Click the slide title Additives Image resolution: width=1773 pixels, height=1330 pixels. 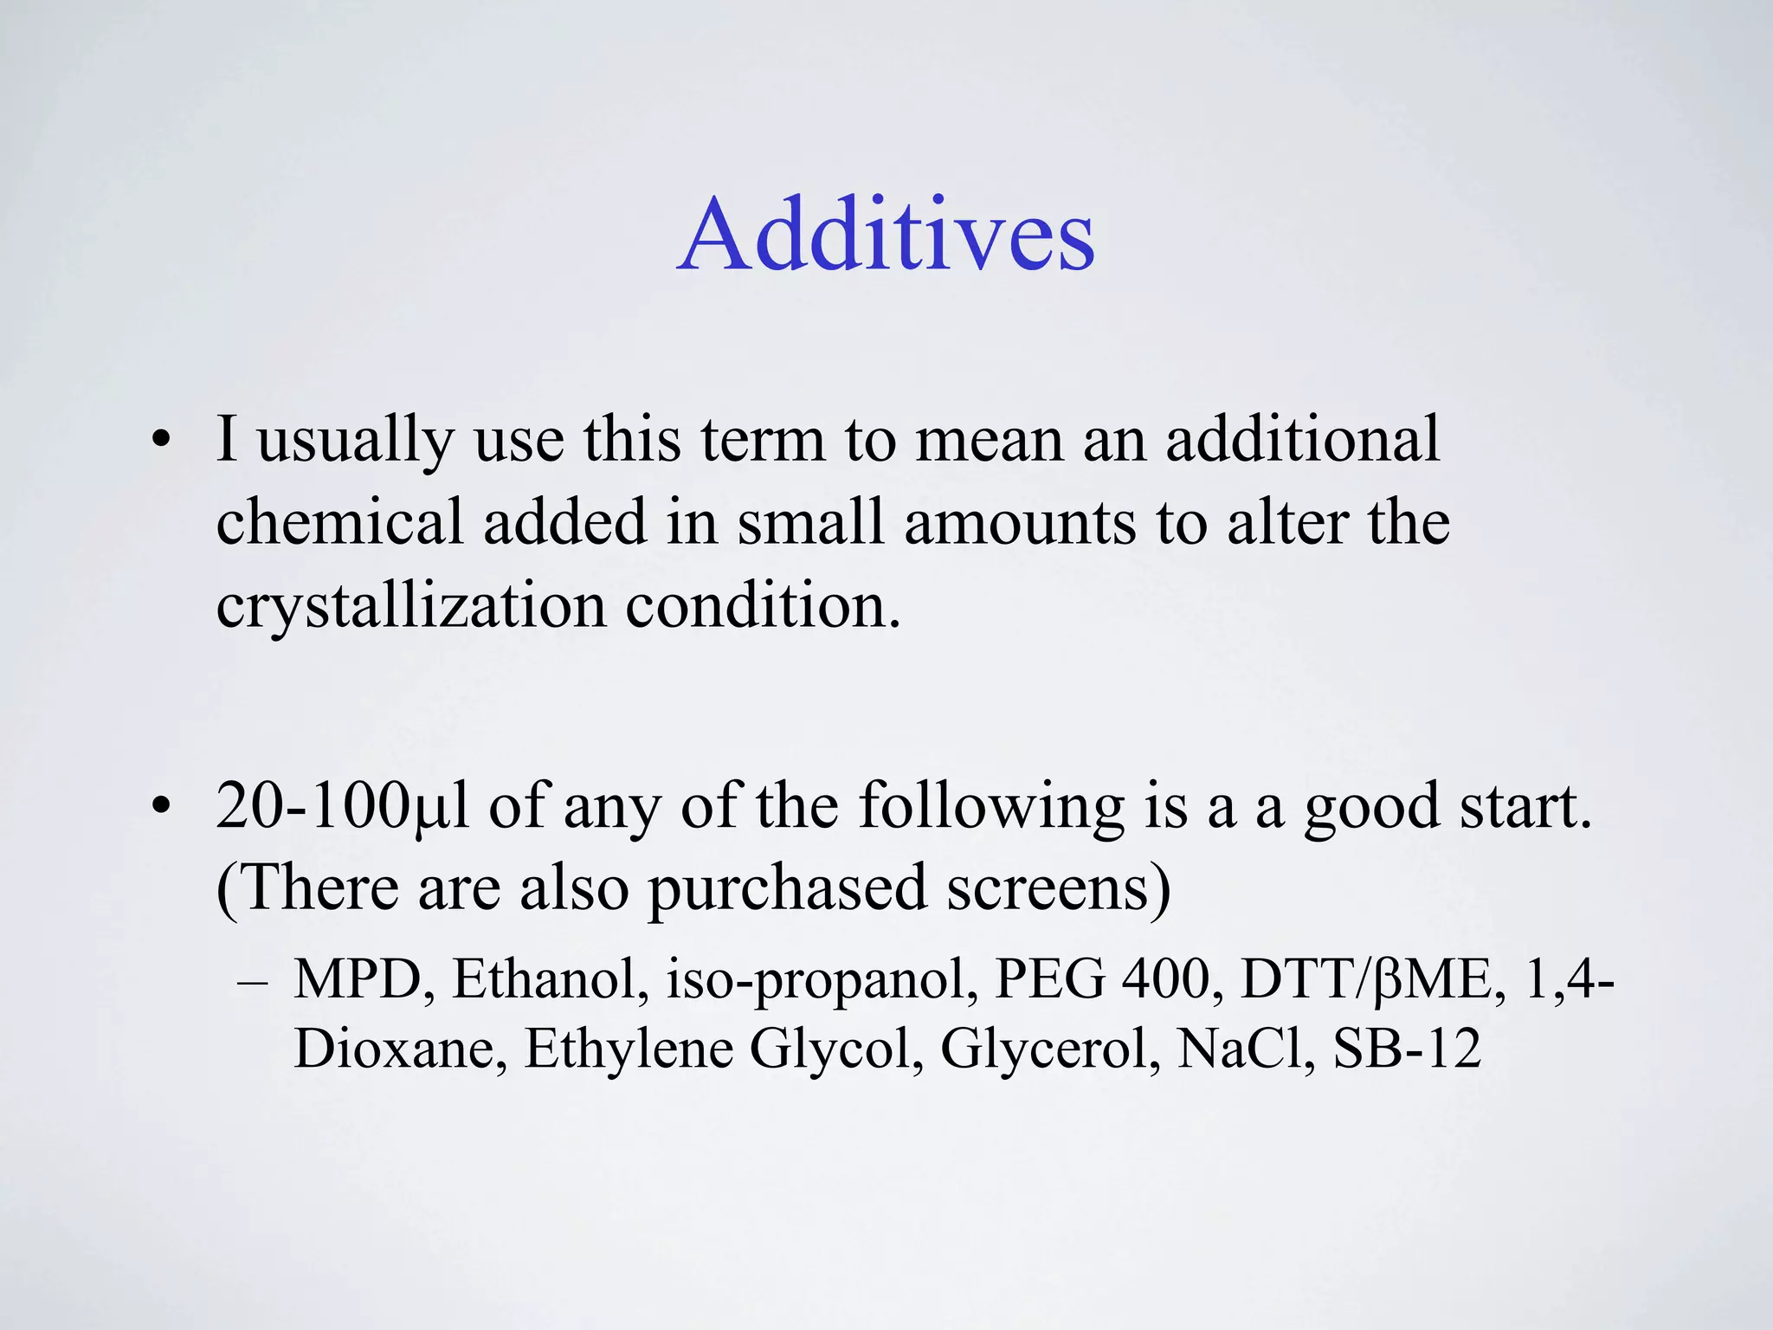[886, 235]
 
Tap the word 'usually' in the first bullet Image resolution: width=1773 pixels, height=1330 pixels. [356, 440]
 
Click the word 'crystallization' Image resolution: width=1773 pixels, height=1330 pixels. [411, 605]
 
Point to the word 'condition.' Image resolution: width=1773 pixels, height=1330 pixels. [763, 605]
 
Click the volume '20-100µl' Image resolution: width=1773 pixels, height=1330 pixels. [342, 806]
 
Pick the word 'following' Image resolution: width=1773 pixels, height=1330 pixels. [991, 806]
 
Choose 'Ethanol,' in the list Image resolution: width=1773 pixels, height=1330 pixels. [551, 979]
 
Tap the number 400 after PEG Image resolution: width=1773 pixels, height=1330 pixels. [1172, 979]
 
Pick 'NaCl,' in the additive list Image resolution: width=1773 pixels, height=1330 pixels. [1247, 1049]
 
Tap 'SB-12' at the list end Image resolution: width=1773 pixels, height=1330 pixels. [1406, 1049]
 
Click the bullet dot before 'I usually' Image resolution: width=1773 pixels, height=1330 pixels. [159, 441]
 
